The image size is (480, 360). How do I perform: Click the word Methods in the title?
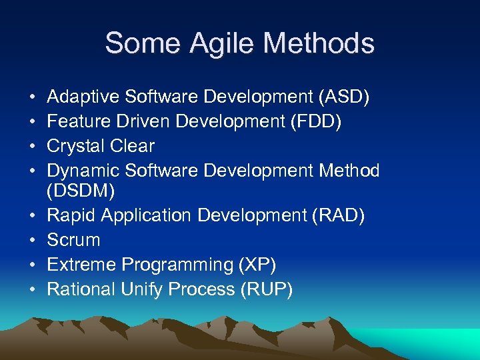point(319,43)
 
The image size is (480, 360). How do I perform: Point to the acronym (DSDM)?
point(81,191)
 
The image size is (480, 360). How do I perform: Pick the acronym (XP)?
point(257,265)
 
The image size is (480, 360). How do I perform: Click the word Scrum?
point(73,240)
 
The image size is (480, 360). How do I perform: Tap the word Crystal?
point(78,146)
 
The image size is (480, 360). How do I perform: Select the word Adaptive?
point(83,97)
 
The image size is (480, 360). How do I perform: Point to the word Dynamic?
point(83,171)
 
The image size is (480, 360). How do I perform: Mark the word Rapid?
point(70,215)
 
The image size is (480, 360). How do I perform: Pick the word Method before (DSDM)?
point(349,171)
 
